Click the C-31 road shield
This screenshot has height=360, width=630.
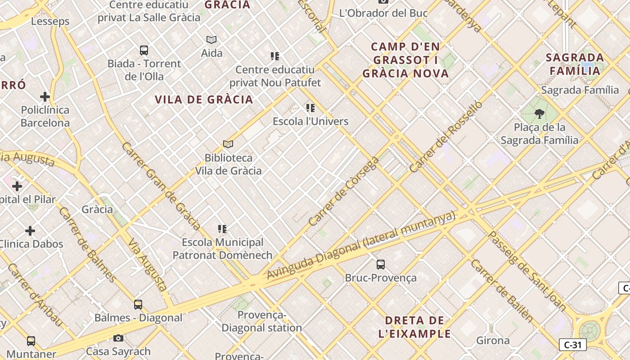[x=572, y=345]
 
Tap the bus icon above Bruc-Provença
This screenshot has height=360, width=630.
[x=381, y=264]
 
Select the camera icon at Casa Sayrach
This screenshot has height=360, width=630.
[x=118, y=338]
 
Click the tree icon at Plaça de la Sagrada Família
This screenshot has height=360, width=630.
[x=539, y=113]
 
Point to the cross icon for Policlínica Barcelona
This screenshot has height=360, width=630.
[x=45, y=97]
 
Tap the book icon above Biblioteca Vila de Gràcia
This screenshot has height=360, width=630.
[x=228, y=144]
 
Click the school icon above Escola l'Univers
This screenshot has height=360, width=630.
[x=310, y=108]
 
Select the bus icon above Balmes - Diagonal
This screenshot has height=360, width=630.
[x=138, y=305]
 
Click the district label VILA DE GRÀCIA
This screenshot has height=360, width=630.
[x=204, y=99]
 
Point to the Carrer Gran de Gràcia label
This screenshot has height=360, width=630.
[x=161, y=186]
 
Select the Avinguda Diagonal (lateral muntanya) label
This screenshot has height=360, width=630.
[x=361, y=245]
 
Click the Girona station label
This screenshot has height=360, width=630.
[x=493, y=340]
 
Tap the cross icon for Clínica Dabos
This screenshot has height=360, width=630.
[x=30, y=231]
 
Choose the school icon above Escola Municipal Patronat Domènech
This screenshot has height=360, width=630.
[x=222, y=229]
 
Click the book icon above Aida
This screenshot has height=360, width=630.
[x=211, y=40]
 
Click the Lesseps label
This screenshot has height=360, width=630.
[x=50, y=21]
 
